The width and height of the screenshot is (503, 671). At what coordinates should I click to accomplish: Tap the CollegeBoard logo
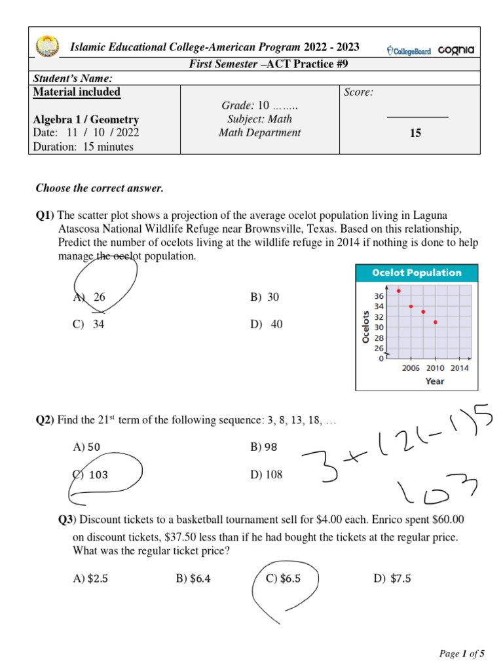coord(409,50)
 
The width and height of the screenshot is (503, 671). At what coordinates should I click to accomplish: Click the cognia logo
coord(456,50)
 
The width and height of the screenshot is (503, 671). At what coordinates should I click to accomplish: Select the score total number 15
coord(415,133)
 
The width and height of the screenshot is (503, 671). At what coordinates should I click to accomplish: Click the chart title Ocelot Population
coord(417,273)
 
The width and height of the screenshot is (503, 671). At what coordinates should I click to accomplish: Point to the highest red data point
coord(398,290)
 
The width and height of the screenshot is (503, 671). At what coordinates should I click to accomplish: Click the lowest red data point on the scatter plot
coord(435,322)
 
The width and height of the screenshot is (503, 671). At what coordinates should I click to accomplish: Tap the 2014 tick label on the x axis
coord(459,368)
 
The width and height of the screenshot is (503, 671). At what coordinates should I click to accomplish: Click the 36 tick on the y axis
coord(379,295)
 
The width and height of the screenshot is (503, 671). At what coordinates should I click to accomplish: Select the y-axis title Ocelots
coord(365,327)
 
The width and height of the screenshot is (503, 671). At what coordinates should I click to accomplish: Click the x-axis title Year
coord(434,381)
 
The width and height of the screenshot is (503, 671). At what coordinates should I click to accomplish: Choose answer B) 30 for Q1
coord(265,297)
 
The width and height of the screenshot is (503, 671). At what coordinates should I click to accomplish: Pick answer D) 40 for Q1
coord(267,324)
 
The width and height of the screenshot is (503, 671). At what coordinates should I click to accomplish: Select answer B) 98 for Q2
coord(265,448)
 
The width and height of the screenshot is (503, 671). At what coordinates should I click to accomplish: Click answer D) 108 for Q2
coord(267,474)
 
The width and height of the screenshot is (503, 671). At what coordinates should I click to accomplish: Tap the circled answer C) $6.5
coord(284,578)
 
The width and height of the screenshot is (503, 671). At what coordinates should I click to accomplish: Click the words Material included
coord(77,92)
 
